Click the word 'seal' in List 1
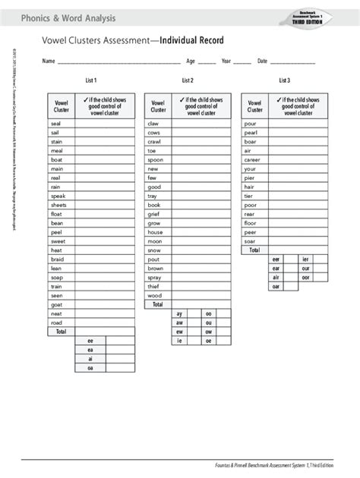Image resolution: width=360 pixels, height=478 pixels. pos(55,123)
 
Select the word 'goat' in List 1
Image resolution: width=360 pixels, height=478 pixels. pos(57,304)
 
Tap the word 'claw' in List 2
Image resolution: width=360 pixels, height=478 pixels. pos(153,123)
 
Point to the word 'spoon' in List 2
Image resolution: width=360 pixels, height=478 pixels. pos(155,159)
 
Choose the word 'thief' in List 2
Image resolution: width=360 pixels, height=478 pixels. pos(154,286)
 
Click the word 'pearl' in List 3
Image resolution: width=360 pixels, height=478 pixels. pos(251,132)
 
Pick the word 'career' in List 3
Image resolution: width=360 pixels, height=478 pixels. pos(252,159)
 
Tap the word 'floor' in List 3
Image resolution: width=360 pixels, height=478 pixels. pos(251,223)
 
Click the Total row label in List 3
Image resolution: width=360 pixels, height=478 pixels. pos(254,250)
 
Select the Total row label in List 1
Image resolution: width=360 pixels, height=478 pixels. pos(61,332)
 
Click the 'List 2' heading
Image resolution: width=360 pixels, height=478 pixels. pos(188,80)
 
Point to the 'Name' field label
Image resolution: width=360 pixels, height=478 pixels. pos(48,61)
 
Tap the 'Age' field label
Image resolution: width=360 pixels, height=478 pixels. pos(191,61)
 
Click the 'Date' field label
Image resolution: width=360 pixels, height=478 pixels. pos(263,61)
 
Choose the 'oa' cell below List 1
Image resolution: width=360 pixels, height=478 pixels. pos(90,368)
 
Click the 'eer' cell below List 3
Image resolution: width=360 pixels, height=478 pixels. pos(276,259)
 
